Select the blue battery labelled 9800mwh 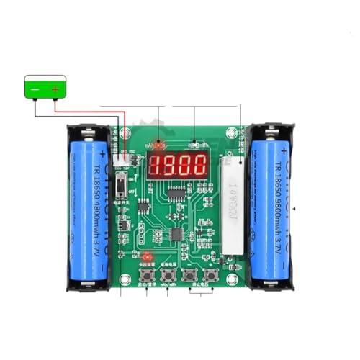(x=272, y=209)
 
